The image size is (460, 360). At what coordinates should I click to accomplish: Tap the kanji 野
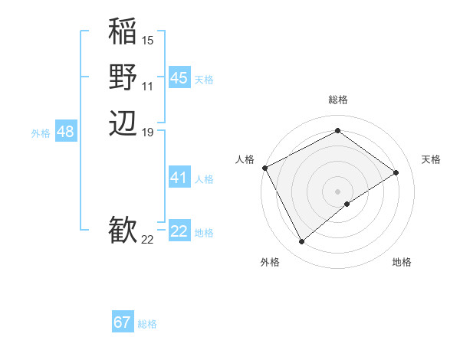click(123, 77)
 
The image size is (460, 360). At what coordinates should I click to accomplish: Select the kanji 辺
click(123, 122)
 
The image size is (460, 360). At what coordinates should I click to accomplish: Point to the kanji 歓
click(123, 230)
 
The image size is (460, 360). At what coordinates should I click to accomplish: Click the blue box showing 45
click(179, 77)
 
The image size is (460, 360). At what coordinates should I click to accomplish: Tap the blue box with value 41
click(179, 178)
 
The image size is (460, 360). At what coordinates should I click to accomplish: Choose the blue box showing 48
click(65, 132)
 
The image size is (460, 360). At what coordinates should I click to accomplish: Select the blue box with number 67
click(123, 322)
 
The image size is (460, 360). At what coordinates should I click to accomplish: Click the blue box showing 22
click(179, 231)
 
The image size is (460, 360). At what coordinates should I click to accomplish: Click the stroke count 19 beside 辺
click(148, 132)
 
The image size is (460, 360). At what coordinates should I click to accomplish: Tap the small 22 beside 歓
click(148, 240)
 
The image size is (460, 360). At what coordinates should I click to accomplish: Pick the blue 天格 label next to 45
click(204, 79)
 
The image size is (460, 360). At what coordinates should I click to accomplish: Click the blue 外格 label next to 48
click(41, 133)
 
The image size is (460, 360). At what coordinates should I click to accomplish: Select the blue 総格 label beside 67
click(147, 324)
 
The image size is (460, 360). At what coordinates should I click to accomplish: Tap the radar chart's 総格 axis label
click(337, 100)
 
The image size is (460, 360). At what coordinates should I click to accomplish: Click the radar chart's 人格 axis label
click(245, 159)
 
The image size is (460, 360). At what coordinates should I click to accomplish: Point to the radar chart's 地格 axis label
click(402, 263)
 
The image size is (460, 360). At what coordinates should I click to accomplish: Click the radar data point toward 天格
click(396, 172)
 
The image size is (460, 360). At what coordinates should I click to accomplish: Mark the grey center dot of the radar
click(337, 191)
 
